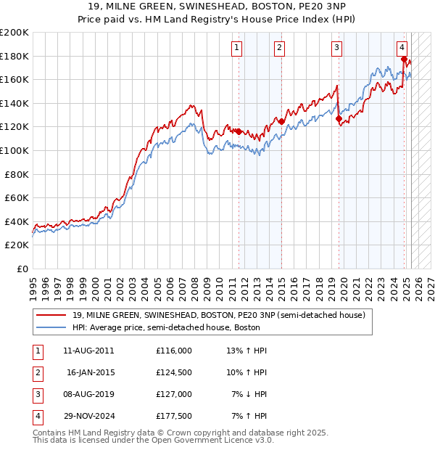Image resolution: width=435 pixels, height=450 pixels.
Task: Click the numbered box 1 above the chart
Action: tap(238, 49)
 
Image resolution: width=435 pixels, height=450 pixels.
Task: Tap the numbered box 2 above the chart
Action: tap(279, 49)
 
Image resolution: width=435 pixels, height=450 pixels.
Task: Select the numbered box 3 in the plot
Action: tap(337, 49)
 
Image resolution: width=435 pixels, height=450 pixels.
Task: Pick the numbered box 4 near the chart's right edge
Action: tap(402, 49)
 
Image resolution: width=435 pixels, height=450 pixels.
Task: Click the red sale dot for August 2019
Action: tap(339, 119)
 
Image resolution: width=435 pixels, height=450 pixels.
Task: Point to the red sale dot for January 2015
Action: tap(281, 122)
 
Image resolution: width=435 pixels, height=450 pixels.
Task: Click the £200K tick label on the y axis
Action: tap(14, 33)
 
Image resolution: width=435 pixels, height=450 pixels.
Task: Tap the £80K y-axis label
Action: tap(17, 174)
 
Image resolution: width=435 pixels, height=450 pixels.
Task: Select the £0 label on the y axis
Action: tap(22, 269)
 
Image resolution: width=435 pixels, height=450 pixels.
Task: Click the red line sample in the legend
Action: tap(51, 315)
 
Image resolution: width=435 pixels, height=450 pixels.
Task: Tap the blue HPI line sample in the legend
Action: tap(51, 327)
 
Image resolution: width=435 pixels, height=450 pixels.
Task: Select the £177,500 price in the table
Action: tap(174, 416)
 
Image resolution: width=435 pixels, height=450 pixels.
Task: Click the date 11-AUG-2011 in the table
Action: tap(88, 351)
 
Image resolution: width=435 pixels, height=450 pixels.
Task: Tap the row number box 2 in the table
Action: tap(36, 372)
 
